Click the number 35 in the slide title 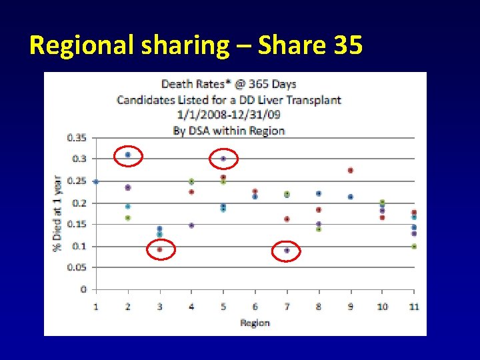pos(345,45)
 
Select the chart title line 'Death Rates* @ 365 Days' pos(229,84)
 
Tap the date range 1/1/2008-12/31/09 pos(229,115)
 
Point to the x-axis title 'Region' pos(255,323)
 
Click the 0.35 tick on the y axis pos(77,137)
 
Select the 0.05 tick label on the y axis pos(77,267)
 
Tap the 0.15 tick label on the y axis pos(77,224)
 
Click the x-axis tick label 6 pos(255,306)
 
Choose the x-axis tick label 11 pos(414,306)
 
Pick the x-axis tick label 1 pos(96,306)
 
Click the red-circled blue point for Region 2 pos(127,155)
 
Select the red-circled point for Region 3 pos(159,249)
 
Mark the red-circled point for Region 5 pos(223,159)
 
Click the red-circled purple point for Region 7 pos(287,251)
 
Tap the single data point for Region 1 pos(96,181)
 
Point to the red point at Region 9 pos(350,170)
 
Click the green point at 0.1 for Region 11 pos(414,246)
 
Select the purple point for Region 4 pos(191,225)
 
